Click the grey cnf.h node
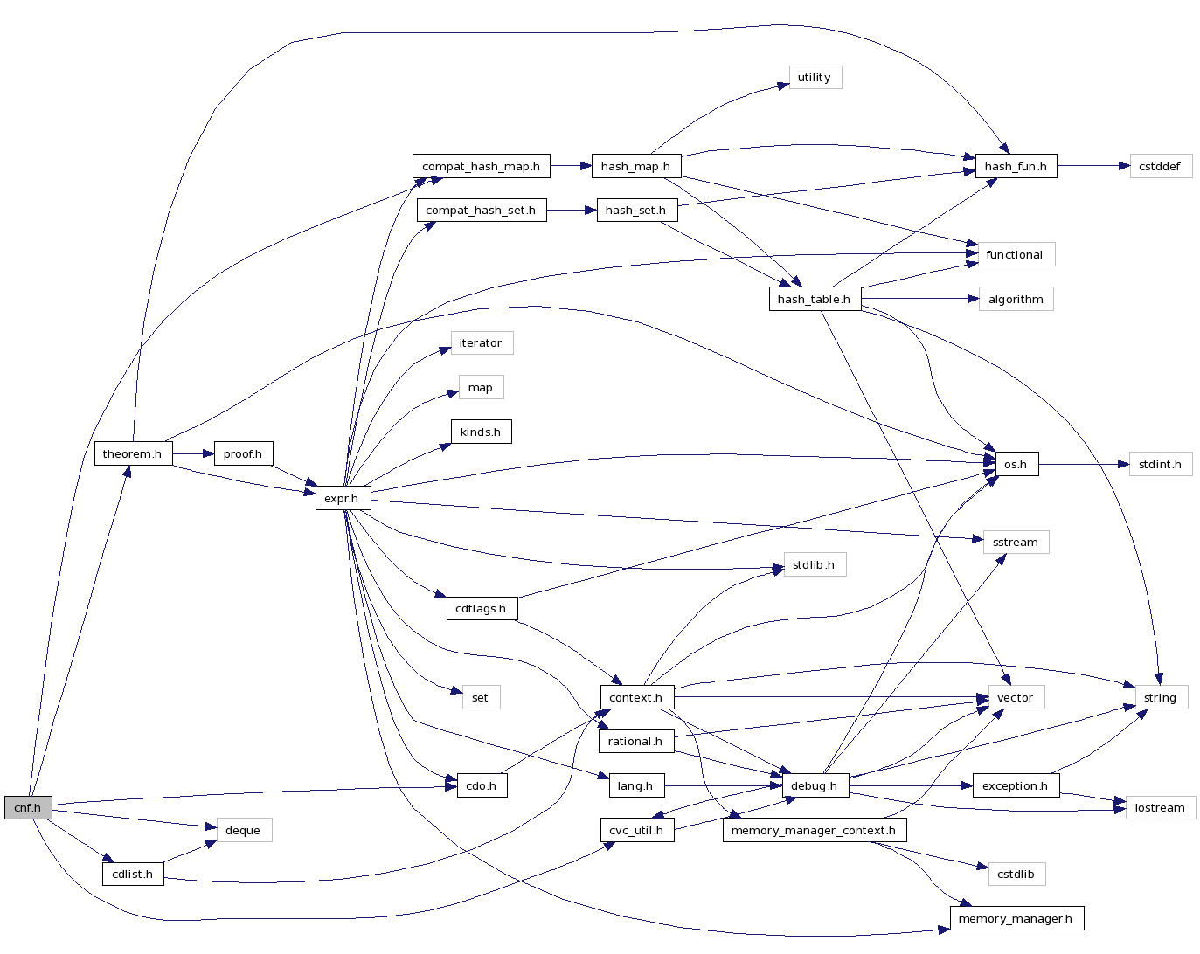click(x=28, y=808)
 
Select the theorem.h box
click(x=133, y=454)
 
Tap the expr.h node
click(x=342, y=499)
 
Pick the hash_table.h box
click(x=814, y=299)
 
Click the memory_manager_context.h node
click(x=814, y=831)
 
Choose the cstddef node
click(x=1160, y=167)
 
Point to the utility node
click(x=815, y=78)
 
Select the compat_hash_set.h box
click(x=481, y=211)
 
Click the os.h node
click(x=1016, y=465)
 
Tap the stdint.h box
click(x=1160, y=465)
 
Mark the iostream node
click(x=1160, y=808)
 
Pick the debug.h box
click(x=814, y=786)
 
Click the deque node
click(x=243, y=831)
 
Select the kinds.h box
click(x=481, y=432)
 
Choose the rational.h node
click(x=635, y=742)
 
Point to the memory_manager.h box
click(x=1016, y=919)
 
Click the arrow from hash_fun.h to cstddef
click(x=1092, y=166)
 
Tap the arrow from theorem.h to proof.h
click(x=193, y=454)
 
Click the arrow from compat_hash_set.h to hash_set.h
click(x=572, y=211)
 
